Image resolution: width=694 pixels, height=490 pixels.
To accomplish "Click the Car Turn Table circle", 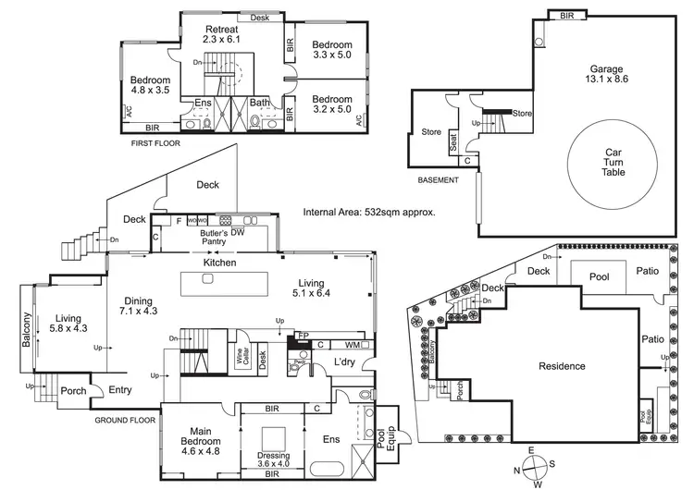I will point(614,163).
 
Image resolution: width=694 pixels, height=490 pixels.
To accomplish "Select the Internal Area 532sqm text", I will point(369,212).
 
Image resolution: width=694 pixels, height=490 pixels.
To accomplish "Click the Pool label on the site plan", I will point(599,276).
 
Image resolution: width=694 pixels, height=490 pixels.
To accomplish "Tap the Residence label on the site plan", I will point(563,366).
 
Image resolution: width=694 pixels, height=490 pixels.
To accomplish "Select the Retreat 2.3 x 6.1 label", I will point(222,34).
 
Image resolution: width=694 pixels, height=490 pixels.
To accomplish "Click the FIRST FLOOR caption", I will point(155,143).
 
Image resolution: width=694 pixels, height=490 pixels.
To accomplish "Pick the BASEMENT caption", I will point(438,180).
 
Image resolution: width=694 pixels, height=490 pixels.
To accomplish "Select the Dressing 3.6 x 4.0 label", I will point(273,460).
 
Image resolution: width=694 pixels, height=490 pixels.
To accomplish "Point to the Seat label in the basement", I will point(453,142).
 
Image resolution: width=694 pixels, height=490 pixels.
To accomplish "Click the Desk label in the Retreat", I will point(260,18).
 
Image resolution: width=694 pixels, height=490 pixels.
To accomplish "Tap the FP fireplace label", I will point(301,337).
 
